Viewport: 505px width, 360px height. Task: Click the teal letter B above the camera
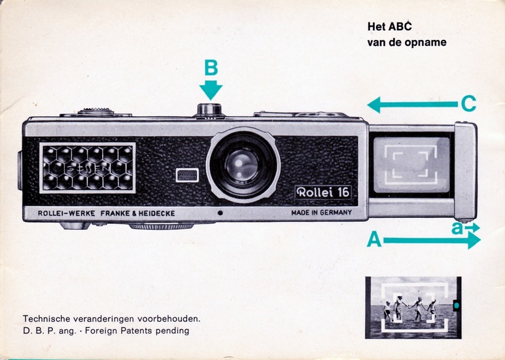(211, 68)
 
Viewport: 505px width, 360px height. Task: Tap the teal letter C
(468, 104)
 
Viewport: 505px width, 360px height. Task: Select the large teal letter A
(374, 240)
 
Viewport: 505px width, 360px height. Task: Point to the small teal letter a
(457, 228)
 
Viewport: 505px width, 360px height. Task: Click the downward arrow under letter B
(211, 89)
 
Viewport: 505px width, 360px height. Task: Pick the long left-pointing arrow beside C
(412, 104)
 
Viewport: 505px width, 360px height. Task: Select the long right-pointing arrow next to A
(432, 240)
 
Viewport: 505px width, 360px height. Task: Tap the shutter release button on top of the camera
(210, 109)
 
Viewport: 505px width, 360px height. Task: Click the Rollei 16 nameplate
(323, 192)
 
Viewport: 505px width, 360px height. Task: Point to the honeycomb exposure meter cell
(88, 168)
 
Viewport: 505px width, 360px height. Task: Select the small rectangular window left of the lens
(188, 175)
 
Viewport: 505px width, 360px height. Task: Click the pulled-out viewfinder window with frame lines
(410, 161)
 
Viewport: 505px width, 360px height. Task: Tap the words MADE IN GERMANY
(321, 213)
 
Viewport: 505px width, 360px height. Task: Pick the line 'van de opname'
(407, 43)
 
